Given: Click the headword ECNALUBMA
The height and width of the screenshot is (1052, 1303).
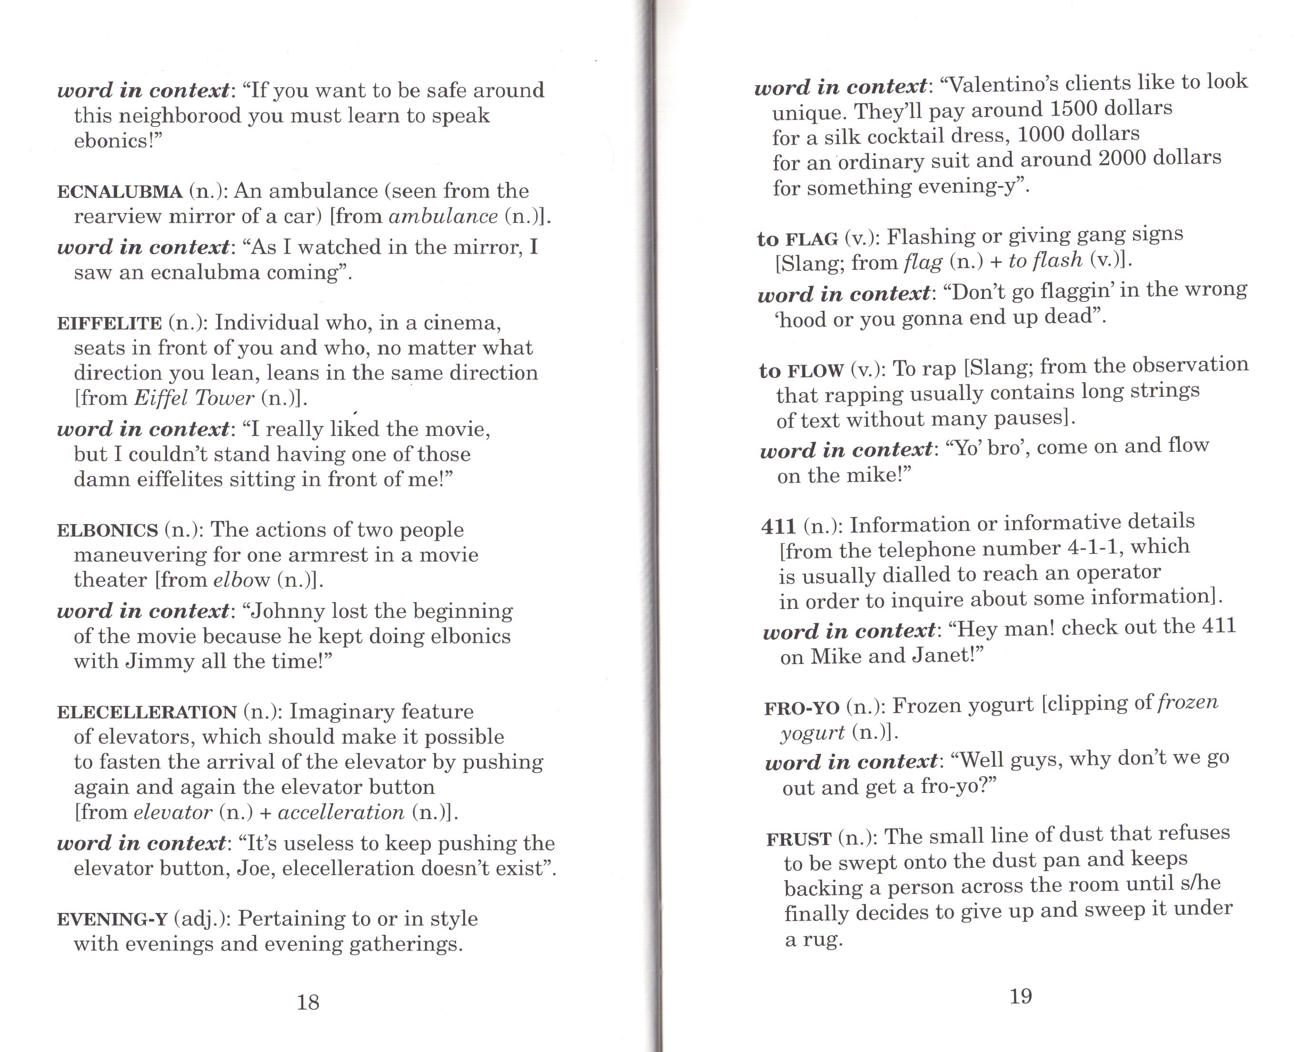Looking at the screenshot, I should (x=119, y=192).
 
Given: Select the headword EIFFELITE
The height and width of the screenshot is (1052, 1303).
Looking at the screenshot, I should (x=109, y=323).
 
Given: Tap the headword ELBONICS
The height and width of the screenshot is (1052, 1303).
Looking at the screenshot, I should (x=107, y=531).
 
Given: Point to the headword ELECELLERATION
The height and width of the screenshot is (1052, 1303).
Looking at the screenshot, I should (x=147, y=712).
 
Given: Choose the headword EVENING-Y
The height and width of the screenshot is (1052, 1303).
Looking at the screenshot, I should (x=112, y=920).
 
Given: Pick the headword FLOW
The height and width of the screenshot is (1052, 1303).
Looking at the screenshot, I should (x=815, y=370).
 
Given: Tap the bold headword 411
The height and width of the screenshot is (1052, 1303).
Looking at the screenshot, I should (x=778, y=526).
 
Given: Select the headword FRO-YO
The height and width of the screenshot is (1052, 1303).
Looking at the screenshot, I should (x=801, y=708).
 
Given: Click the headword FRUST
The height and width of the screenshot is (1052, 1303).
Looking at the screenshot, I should (x=798, y=839).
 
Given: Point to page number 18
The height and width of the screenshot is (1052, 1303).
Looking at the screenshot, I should (x=308, y=1002).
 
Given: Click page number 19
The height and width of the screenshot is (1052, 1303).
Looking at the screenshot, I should (x=1021, y=996).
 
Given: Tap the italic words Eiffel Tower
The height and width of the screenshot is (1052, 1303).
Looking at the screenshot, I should (x=194, y=398).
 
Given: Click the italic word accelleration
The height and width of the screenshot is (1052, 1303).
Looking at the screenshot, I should (x=340, y=812).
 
